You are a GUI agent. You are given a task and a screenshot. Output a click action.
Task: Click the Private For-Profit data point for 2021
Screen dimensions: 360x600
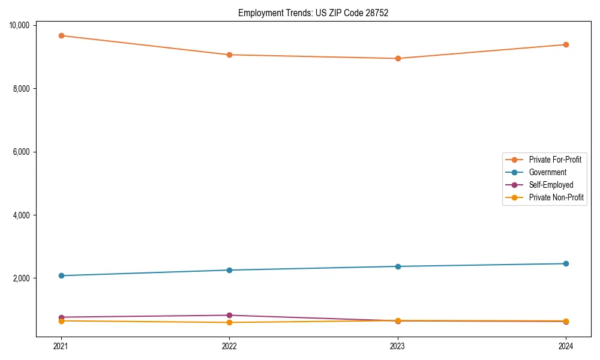click(61, 35)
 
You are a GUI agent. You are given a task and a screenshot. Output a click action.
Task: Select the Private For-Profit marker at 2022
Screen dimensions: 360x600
click(229, 55)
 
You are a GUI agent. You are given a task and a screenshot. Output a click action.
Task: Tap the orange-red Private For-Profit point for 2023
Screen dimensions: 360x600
click(397, 58)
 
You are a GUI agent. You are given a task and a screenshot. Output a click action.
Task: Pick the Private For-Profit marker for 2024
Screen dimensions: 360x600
click(566, 44)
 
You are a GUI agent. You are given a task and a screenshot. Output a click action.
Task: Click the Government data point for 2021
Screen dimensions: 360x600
click(61, 275)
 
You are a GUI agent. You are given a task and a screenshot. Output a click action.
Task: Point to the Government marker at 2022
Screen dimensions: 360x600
click(229, 270)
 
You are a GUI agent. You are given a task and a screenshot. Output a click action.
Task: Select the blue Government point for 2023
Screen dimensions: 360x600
click(397, 266)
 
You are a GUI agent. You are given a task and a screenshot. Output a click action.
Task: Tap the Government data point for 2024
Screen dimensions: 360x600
click(566, 263)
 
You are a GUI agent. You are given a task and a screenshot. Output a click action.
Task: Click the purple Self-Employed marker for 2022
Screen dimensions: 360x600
click(229, 315)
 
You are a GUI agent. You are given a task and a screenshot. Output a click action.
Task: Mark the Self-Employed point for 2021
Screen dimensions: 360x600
click(61, 317)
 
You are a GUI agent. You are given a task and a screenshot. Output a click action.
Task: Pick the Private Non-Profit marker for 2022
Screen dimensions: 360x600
click(229, 322)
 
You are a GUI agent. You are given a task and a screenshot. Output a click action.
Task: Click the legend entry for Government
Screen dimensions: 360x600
click(547, 172)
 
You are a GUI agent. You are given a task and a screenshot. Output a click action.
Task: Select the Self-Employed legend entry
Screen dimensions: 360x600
click(551, 185)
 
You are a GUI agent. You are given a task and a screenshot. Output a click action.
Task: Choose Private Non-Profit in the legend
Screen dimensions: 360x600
click(556, 197)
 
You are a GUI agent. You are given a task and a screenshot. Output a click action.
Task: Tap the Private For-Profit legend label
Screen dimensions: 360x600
click(555, 160)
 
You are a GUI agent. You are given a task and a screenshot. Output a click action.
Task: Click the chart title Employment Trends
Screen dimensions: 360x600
click(313, 13)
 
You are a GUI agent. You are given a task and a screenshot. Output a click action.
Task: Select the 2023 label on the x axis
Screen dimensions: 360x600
click(397, 346)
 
